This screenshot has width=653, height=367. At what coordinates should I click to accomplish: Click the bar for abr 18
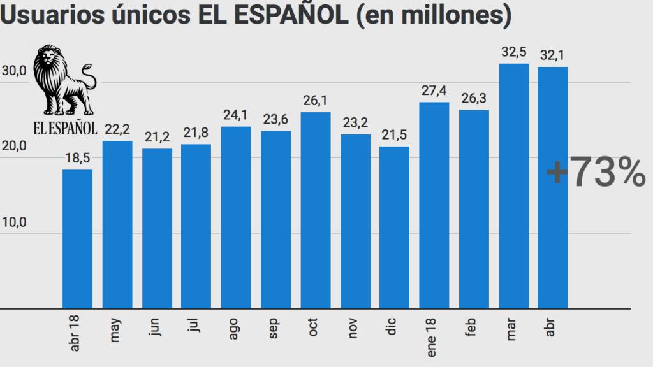point(77,239)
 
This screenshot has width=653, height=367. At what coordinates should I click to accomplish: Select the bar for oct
point(315,210)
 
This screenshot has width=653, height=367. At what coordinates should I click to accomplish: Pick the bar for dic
point(394,227)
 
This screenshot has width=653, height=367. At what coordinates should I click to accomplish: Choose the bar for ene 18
point(434,205)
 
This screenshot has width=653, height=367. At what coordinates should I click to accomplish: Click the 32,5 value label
point(513,53)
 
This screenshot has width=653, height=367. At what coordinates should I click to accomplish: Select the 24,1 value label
point(236,116)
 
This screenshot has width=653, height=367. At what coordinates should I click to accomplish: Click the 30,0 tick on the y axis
point(13,71)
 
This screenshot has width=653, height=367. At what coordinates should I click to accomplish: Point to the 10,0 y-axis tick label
point(13,222)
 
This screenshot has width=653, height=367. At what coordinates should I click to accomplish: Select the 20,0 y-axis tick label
point(13,147)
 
